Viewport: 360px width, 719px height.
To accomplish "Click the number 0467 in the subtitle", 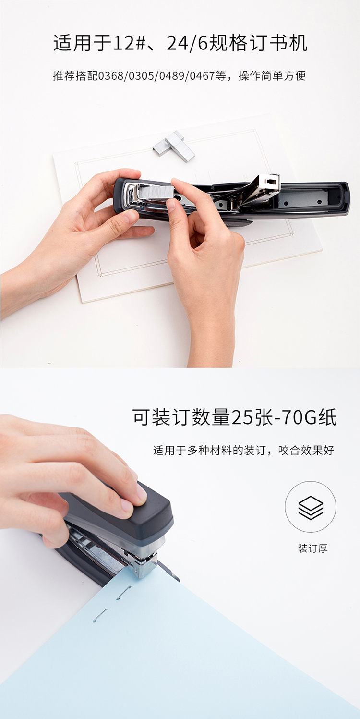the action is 202,76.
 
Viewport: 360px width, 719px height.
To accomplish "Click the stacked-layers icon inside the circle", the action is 310,508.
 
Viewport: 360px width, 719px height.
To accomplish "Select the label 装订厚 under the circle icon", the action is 313,548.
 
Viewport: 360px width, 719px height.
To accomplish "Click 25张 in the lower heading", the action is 252,418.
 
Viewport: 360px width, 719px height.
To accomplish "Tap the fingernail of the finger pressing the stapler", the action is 141,493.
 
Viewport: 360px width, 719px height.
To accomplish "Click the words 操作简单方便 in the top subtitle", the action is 272,76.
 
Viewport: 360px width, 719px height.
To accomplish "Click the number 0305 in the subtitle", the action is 141,76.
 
